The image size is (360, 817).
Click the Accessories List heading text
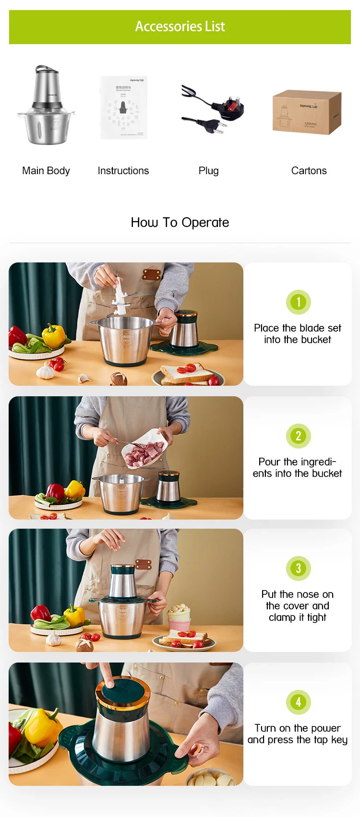click(180, 26)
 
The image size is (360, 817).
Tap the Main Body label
click(46, 171)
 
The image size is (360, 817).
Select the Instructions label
click(123, 171)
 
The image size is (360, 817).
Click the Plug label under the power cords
click(208, 171)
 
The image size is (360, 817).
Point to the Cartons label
click(309, 171)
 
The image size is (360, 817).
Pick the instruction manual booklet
click(123, 107)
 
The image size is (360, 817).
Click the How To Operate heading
click(180, 223)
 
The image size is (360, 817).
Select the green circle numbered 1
click(298, 302)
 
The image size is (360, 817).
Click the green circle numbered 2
click(298, 436)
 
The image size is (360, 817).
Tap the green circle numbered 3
click(298, 568)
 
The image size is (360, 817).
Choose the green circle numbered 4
click(298, 702)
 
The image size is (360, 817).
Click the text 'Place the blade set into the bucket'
click(298, 334)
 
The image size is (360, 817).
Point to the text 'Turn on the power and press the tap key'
click(298, 734)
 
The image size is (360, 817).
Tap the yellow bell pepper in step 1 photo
click(54, 335)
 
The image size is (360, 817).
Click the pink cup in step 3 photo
click(179, 623)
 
